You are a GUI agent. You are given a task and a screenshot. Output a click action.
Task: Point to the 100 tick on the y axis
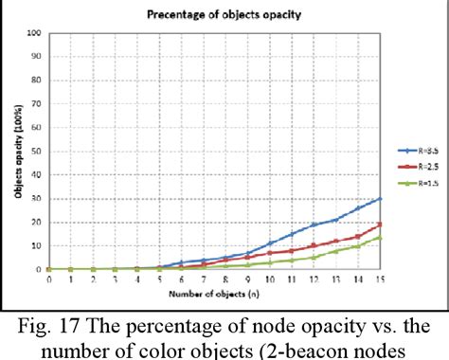tap(35, 33)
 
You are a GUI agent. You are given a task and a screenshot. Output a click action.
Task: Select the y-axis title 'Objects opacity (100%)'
tap(17, 152)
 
